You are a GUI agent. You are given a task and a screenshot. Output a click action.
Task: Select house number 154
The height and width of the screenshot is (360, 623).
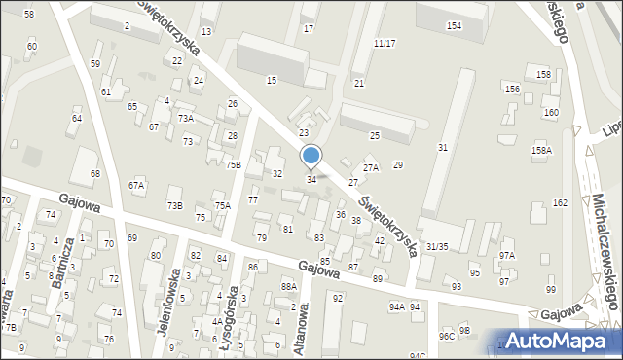(454, 25)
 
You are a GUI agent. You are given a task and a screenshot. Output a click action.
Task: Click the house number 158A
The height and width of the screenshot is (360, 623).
(541, 151)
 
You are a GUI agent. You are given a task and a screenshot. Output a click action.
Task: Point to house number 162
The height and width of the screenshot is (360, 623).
(560, 202)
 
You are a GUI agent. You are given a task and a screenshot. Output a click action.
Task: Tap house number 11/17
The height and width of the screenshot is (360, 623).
(385, 44)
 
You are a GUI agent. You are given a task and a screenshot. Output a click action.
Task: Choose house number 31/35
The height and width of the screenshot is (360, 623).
(437, 247)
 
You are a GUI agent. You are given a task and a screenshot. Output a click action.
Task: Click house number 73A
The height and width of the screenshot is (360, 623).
(185, 118)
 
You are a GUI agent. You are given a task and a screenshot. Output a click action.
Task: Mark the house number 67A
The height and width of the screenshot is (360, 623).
(136, 185)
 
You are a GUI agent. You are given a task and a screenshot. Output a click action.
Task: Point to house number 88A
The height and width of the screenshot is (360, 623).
(288, 286)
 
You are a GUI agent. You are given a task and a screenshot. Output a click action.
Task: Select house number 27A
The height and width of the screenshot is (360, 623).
(370, 168)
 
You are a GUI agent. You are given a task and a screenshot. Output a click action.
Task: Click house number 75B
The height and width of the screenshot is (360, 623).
(234, 165)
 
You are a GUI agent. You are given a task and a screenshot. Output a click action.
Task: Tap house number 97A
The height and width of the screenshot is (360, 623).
(507, 255)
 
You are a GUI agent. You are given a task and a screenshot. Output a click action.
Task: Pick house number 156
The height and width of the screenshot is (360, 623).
(512, 89)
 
